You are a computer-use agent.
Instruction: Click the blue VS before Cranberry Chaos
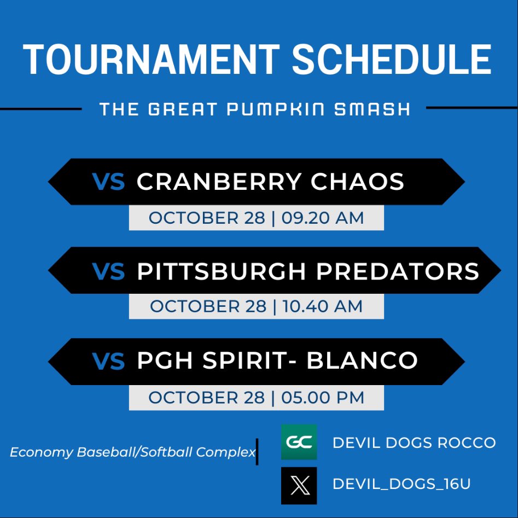pyautogui.click(x=108, y=182)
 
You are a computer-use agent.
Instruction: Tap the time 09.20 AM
pyautogui.click(x=323, y=218)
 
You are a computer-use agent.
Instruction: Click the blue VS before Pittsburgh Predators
pyautogui.click(x=108, y=271)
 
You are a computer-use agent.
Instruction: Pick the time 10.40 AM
pyautogui.click(x=322, y=306)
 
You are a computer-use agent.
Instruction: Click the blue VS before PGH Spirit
pyautogui.click(x=108, y=360)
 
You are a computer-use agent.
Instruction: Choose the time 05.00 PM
pyautogui.click(x=323, y=397)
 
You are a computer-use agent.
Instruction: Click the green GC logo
pyautogui.click(x=299, y=442)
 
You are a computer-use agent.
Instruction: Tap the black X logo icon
pyautogui.click(x=299, y=485)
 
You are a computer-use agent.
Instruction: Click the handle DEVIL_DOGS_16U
pyautogui.click(x=401, y=484)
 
